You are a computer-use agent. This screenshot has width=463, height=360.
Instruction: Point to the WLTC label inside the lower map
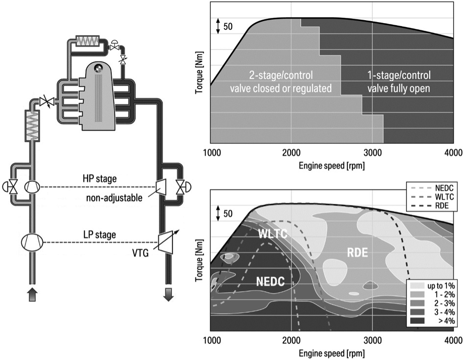pyautogui.click(x=272, y=234)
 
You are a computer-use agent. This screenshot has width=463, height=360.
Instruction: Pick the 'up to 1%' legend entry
pyautogui.click(x=440, y=285)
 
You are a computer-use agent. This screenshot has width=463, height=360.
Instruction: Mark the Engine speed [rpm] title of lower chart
pyautogui.click(x=332, y=353)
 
